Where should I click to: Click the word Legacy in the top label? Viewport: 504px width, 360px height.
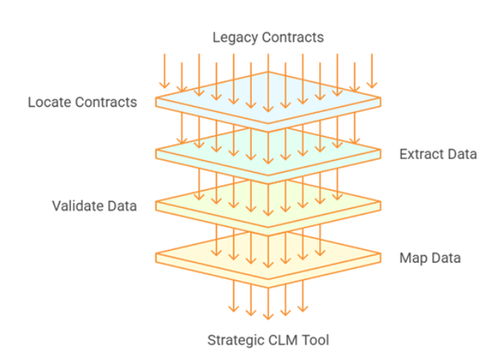click(x=231, y=37)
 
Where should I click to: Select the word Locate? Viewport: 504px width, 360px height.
click(x=49, y=102)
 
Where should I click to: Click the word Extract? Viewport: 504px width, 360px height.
click(x=421, y=154)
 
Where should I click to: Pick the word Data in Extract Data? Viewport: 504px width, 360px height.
click(x=462, y=154)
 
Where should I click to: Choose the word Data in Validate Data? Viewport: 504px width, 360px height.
click(x=122, y=206)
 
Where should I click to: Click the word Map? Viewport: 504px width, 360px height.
click(x=413, y=258)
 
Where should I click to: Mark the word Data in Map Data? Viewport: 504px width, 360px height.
click(x=446, y=258)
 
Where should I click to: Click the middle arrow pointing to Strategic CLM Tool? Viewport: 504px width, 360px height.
click(x=268, y=302)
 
